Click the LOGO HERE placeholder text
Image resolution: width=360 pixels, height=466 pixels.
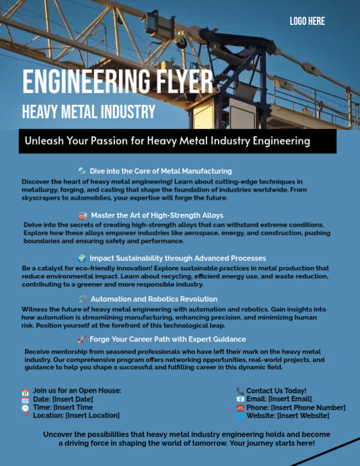[x=307, y=22]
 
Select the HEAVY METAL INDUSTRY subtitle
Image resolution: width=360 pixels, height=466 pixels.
[x=88, y=112]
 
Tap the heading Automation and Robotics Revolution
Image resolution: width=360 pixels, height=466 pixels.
[x=154, y=299]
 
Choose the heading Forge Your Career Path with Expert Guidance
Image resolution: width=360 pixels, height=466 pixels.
[x=168, y=340]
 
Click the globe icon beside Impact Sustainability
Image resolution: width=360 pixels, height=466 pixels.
[x=82, y=258]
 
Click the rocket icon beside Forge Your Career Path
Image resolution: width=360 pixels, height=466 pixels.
[x=82, y=340]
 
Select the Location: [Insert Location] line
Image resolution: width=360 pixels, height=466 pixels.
[x=76, y=416]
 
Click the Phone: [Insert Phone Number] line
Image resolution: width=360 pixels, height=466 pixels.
[x=295, y=407]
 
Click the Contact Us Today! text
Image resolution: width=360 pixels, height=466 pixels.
[x=276, y=391]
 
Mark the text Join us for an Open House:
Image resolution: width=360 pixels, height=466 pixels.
[x=77, y=391]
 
